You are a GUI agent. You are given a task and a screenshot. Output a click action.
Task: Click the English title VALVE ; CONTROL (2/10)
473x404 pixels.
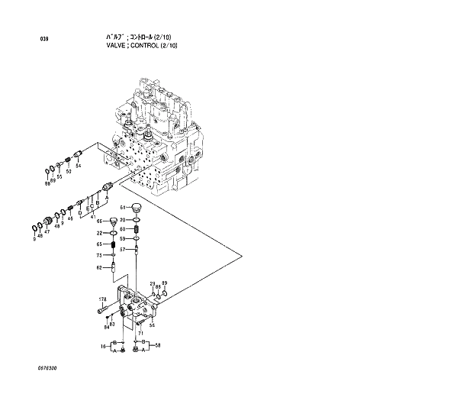(142, 46)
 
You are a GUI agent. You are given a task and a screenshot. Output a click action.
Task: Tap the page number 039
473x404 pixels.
(43, 37)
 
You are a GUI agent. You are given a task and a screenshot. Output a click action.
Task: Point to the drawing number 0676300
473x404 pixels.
(46, 367)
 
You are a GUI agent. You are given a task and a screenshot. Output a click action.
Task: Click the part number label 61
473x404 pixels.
(122, 208)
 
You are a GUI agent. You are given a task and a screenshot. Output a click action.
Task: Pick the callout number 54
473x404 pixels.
(78, 166)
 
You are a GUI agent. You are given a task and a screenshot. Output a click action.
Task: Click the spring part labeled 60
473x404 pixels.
(137, 228)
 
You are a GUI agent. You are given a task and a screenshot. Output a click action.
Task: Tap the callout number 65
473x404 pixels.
(99, 244)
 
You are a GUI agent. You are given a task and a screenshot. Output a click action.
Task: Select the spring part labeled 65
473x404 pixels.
(113, 244)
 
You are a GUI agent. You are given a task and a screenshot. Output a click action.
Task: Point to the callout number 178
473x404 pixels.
(103, 299)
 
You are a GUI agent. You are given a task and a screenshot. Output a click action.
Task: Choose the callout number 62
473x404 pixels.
(99, 267)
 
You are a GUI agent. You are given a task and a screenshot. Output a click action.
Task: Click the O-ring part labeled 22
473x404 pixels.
(113, 232)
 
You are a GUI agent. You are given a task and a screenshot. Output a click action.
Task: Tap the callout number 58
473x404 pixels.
(158, 346)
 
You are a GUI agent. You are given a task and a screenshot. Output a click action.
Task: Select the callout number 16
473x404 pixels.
(103, 346)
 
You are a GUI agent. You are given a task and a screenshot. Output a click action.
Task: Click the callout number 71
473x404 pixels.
(140, 333)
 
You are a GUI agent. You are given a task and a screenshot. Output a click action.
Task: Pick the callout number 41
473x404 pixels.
(93, 217)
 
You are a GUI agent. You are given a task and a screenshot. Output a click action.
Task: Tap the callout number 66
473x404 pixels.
(99, 221)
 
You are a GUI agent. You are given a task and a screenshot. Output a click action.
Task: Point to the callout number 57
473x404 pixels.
(122, 248)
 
